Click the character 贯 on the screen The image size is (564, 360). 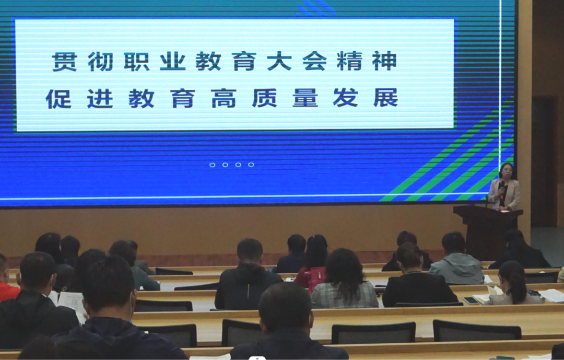pos(65,61)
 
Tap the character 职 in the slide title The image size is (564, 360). pos(137,61)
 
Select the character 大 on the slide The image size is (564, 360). pos(279,61)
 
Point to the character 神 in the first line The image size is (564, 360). pos(384,61)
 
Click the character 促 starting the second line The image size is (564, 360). pos(58,98)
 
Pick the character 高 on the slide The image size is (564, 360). pos(224,98)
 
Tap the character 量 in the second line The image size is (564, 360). pos(305,98)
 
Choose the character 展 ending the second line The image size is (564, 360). pos(386,98)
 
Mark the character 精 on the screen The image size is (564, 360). pos(349,61)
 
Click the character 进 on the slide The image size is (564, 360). pos(100,98)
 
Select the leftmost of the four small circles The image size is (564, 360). pos(212,165)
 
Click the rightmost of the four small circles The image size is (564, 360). pos(251,165)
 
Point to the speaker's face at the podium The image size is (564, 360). pos(506,171)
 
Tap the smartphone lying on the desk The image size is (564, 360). pos(471,300)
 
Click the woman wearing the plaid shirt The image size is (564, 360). pos(344,280)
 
